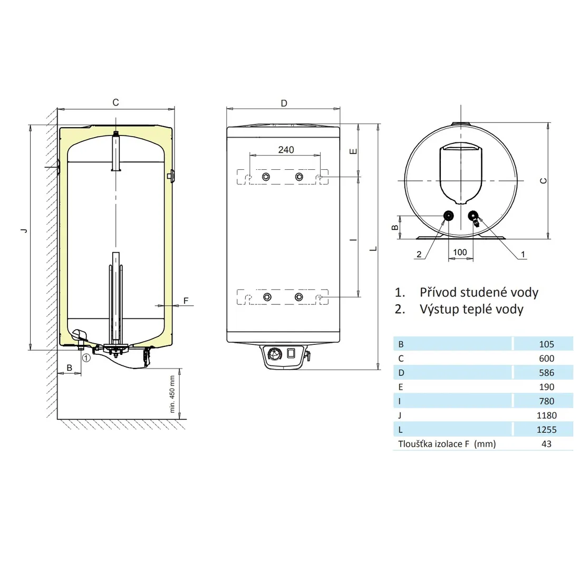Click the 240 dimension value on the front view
click(286, 150)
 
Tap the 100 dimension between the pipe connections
click(460, 252)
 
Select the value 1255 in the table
click(546, 430)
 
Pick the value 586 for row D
click(546, 373)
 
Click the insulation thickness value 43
click(546, 444)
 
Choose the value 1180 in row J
click(546, 416)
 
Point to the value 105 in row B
click(546, 344)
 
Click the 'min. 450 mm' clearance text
click(172, 394)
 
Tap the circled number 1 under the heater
click(86, 357)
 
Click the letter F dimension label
click(186, 301)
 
